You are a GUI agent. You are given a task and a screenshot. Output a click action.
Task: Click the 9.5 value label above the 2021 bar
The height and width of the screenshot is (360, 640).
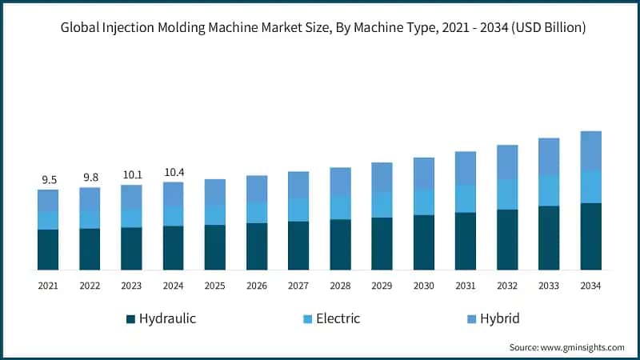pyautogui.click(x=48, y=180)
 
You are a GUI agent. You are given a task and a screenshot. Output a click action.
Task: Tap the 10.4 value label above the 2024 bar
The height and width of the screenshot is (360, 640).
pyautogui.click(x=174, y=172)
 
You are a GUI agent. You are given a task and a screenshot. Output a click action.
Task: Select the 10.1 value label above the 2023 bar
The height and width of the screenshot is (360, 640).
pyautogui.click(x=131, y=175)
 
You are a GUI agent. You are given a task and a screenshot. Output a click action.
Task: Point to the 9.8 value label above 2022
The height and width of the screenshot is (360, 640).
pyautogui.click(x=90, y=178)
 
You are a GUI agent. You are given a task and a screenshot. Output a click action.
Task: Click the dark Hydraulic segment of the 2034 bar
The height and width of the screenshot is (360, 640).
pyautogui.click(x=590, y=236)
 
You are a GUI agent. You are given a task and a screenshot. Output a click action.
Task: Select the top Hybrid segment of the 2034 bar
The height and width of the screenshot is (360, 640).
pyautogui.click(x=590, y=150)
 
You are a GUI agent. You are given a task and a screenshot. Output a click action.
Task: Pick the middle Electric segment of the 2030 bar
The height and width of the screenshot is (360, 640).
pyautogui.click(x=424, y=202)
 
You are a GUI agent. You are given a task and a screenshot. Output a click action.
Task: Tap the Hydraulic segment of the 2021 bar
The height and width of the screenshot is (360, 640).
pyautogui.click(x=48, y=250)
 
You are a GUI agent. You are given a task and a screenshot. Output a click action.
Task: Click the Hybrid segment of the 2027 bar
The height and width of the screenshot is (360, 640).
pyautogui.click(x=298, y=185)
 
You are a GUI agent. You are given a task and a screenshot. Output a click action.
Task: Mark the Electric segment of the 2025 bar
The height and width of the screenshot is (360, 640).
pyautogui.click(x=215, y=214)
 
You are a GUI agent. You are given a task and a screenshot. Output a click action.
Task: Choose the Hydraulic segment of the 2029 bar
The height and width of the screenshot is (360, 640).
pyautogui.click(x=382, y=243)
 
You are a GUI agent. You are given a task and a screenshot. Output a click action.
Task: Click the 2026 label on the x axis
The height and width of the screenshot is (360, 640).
pyautogui.click(x=257, y=285)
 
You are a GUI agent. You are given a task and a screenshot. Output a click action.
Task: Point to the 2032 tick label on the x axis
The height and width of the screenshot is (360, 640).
pyautogui.click(x=507, y=285)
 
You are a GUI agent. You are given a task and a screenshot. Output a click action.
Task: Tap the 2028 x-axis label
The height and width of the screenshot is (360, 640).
pyautogui.click(x=340, y=285)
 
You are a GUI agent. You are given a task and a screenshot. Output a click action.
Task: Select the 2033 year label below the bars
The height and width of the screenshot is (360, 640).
pyautogui.click(x=549, y=285)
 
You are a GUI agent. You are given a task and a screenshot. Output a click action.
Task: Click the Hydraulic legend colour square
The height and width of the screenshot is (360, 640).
pyautogui.click(x=130, y=319)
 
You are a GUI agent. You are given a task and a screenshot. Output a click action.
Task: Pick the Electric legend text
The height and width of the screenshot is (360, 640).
pyautogui.click(x=338, y=318)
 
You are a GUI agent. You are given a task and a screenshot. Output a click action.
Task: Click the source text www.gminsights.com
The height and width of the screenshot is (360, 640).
pyautogui.click(x=583, y=347)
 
